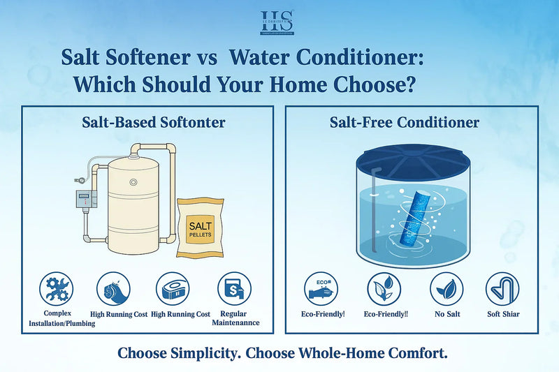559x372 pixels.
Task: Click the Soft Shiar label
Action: (x=502, y=314)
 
